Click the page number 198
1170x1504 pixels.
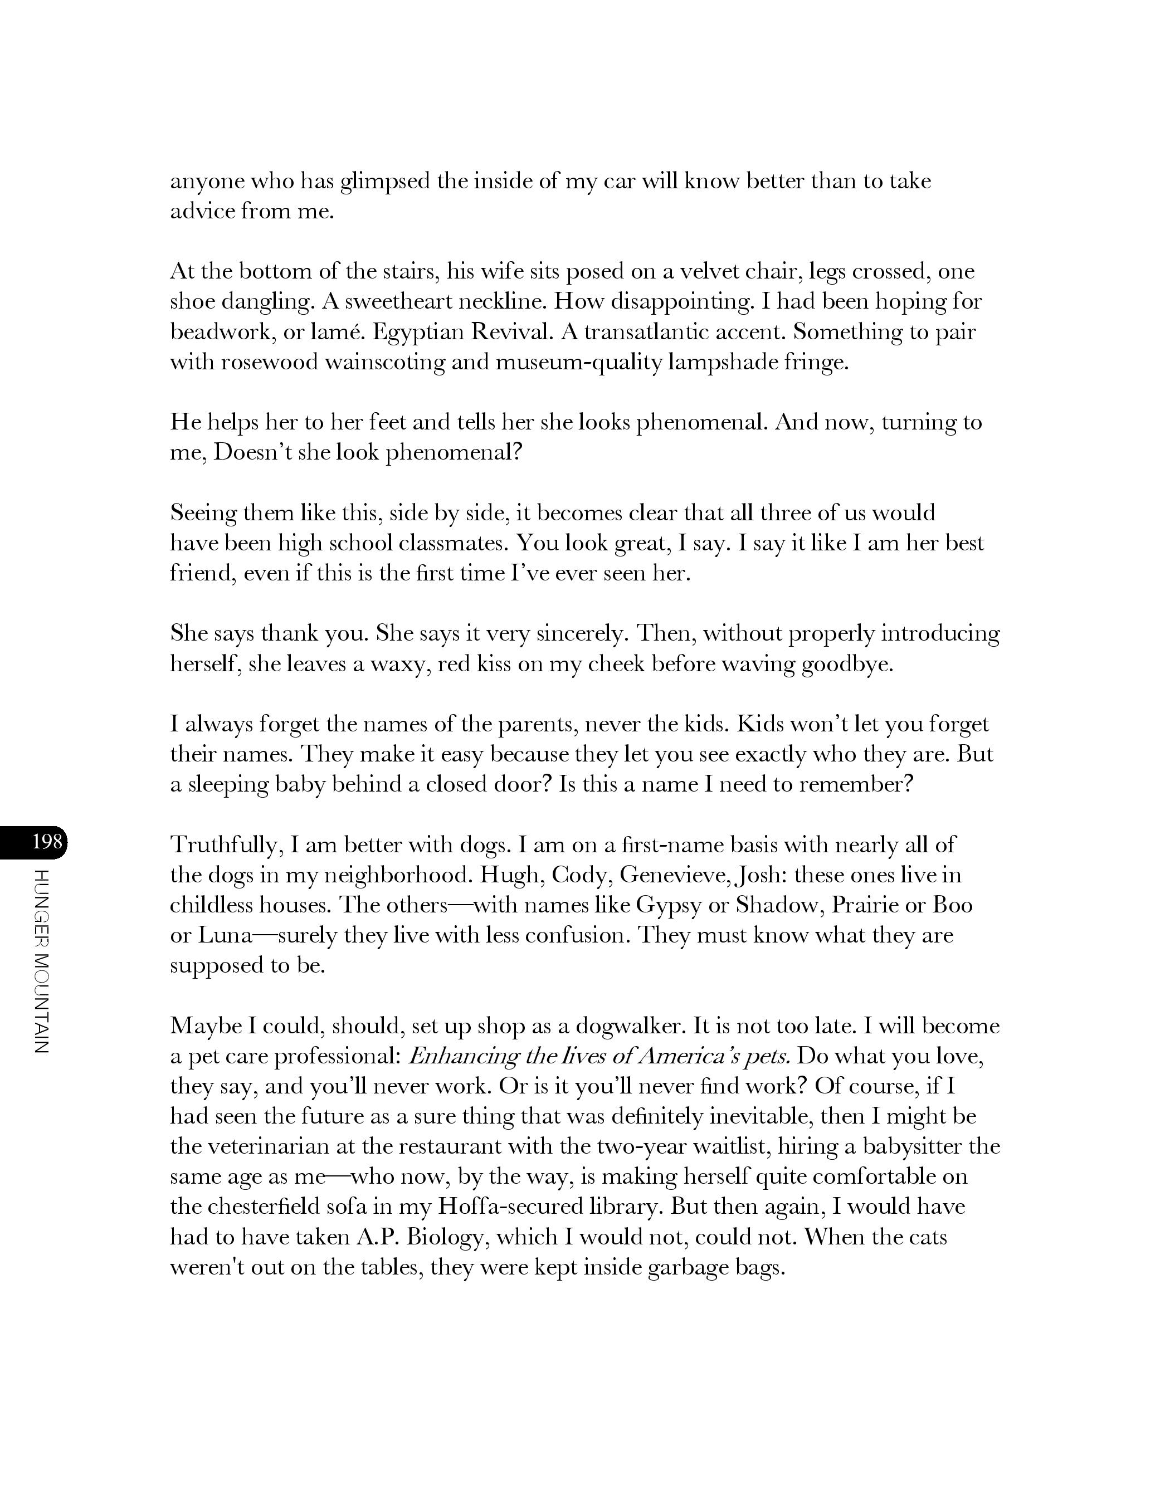[x=47, y=842]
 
